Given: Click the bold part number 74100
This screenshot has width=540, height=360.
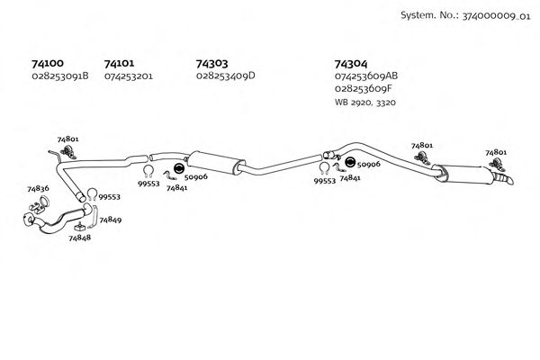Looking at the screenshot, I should point(47,64).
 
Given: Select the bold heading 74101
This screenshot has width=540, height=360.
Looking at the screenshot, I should point(120,64).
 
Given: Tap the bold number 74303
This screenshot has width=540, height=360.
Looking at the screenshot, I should point(211,64).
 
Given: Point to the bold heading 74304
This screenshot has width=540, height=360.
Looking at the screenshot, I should point(350,64).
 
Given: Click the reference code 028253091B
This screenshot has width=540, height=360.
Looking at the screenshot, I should point(60,76).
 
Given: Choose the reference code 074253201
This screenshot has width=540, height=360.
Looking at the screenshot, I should point(129,76).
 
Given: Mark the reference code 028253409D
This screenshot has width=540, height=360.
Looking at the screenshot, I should point(226,76).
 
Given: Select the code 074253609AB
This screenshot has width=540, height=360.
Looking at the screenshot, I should point(366,76).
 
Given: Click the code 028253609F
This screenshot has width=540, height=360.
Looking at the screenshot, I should point(362,89).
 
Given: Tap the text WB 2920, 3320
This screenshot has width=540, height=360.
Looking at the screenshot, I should point(364,103).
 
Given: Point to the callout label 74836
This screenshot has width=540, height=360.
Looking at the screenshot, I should point(38,189).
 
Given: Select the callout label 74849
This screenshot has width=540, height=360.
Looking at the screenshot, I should point(111,220).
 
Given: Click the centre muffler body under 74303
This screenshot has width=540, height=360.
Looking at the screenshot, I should point(213,164).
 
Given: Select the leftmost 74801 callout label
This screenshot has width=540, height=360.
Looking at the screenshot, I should point(67,139).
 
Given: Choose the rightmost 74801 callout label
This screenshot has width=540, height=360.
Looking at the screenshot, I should point(496,153).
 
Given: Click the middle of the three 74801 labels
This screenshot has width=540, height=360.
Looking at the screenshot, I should point(421,145).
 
